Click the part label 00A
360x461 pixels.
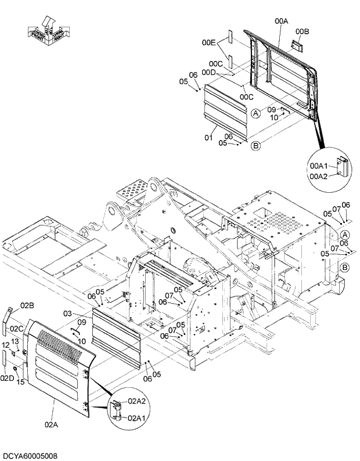pos(281,21)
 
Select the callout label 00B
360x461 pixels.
pos(302,31)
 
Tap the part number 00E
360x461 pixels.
pos(209,42)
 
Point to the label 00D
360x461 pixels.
pos(209,72)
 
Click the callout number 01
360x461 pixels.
pos(208,138)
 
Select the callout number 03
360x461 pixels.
pos(68,314)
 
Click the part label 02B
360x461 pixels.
pos(27,305)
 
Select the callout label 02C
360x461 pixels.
pos(16,329)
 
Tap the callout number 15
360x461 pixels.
pos(20,381)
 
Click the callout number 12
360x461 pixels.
pos(5,345)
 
